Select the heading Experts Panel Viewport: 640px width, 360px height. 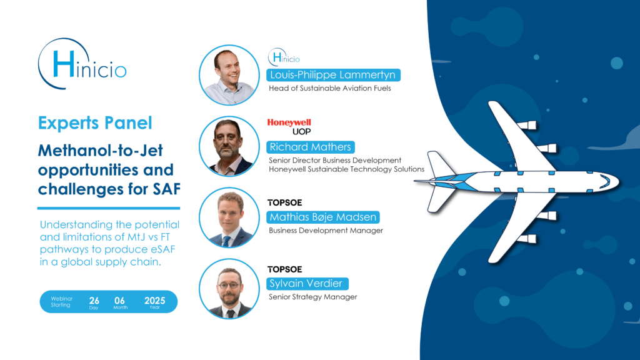pos(95,123)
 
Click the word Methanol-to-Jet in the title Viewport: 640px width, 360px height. pos(101,151)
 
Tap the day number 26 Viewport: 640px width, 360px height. pos(94,301)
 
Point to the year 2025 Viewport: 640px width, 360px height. pos(155,301)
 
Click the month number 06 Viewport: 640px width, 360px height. pos(119,301)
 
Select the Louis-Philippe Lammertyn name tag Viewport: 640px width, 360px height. pos(333,75)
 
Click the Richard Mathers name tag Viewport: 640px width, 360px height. pos(310,147)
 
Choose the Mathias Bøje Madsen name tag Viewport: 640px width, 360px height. pos(323,217)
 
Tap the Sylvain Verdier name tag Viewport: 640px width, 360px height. pos(307,284)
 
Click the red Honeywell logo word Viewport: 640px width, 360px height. pos(289,122)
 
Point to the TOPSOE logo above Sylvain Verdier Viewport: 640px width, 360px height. pos(284,269)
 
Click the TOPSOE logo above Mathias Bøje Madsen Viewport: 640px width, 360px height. pos(284,203)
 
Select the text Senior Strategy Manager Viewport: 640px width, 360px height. pos(312,297)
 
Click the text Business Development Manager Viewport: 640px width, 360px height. pos(326,231)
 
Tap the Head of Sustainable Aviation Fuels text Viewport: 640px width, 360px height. pos(330,88)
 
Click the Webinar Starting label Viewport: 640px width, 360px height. pos(61,302)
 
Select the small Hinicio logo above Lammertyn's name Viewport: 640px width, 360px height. pos(284,57)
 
